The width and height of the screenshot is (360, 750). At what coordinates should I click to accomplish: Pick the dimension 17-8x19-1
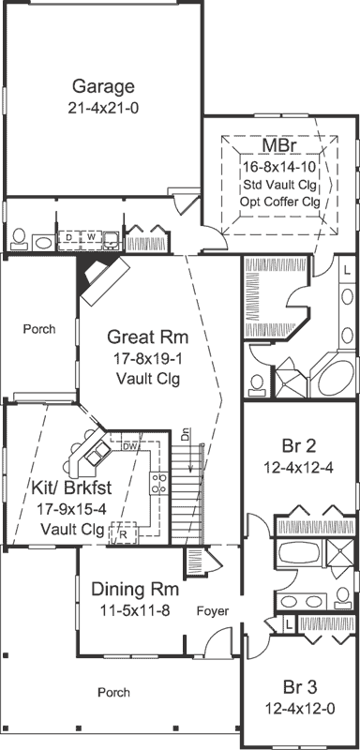point(142,358)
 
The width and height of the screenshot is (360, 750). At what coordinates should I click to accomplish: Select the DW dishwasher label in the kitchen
point(130,446)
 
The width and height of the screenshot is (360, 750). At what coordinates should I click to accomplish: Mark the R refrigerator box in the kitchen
point(122,534)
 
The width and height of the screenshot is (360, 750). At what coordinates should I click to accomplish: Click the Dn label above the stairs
point(186,436)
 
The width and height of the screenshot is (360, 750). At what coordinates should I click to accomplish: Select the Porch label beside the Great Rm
point(39,329)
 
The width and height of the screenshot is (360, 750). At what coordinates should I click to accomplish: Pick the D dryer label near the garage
point(69,238)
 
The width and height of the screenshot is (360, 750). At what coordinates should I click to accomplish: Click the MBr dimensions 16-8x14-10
point(277,166)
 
